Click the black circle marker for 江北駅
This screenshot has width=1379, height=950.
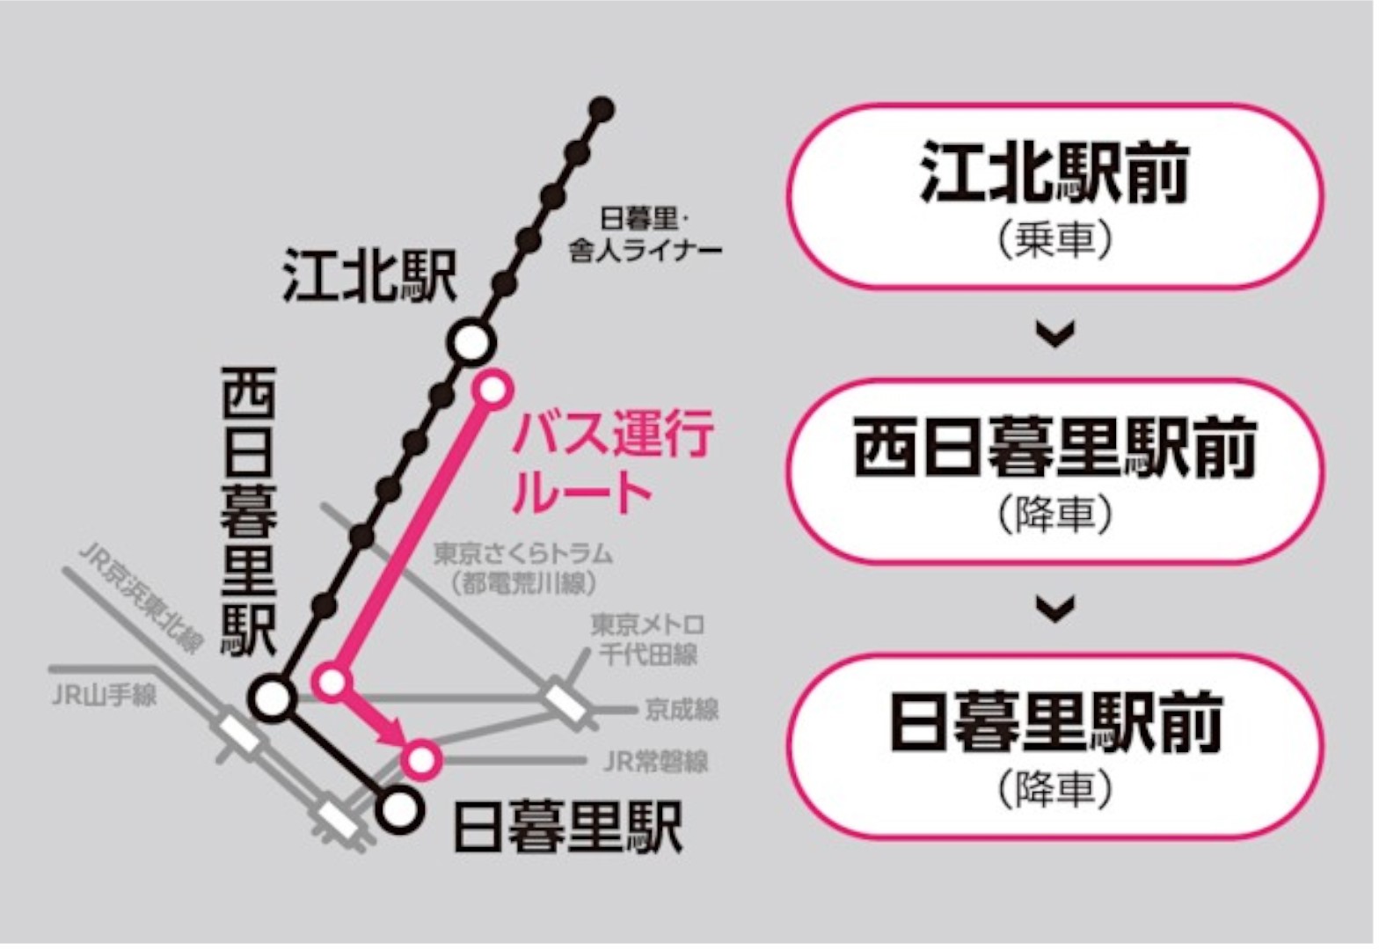click(x=471, y=342)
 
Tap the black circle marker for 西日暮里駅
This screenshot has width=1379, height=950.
click(x=273, y=698)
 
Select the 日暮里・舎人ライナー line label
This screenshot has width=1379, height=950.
click(x=646, y=235)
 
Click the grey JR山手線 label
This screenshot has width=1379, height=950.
click(x=104, y=696)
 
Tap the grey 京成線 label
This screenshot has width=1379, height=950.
click(x=682, y=709)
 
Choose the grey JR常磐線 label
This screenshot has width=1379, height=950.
click(x=656, y=761)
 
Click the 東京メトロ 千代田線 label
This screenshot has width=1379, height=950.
click(x=648, y=639)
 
